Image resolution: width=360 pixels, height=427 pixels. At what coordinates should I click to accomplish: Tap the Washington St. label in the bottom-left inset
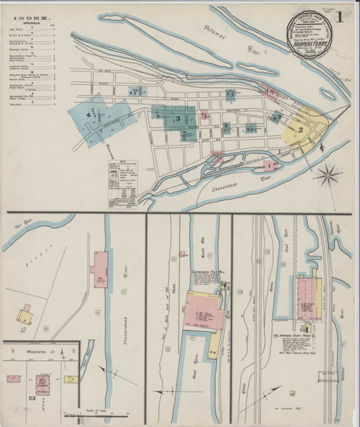[x=34, y=353]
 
